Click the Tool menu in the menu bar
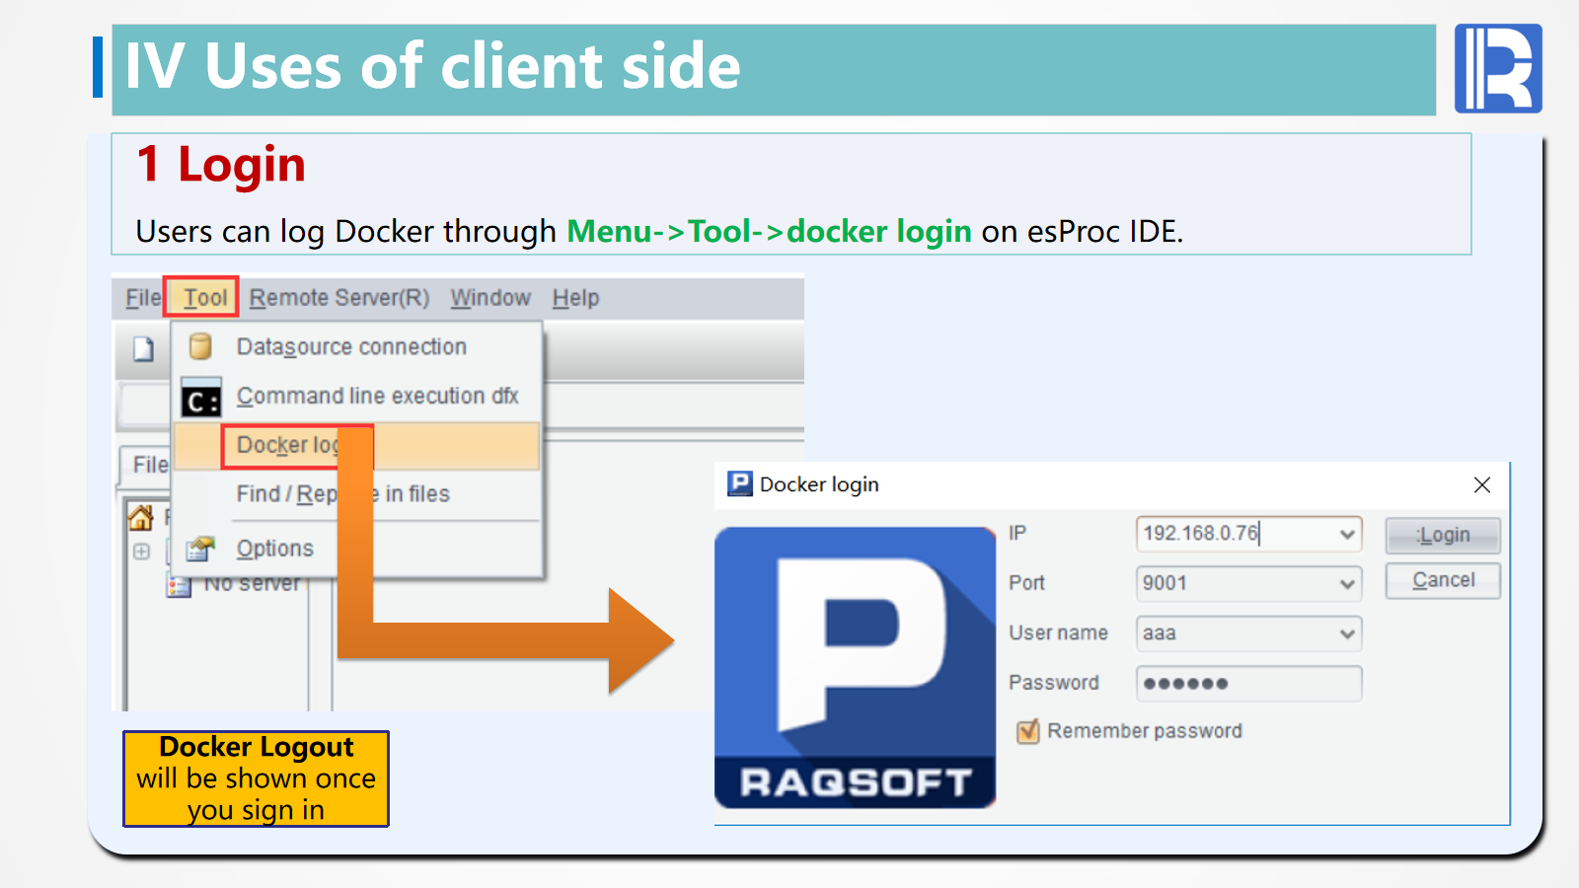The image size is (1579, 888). [x=204, y=297]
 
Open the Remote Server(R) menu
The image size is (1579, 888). [x=338, y=297]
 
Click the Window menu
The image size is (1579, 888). [x=490, y=297]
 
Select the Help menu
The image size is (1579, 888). [x=575, y=297]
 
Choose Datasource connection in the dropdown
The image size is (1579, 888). [x=351, y=346]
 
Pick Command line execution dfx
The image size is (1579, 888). [x=377, y=396]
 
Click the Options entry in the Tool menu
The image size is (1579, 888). [x=274, y=548]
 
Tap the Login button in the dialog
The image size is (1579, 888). [x=1443, y=535]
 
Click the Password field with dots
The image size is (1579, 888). [x=1248, y=683]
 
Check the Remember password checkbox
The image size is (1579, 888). [x=1028, y=731]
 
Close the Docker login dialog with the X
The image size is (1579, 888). [x=1481, y=484]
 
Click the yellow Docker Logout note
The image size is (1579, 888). [x=256, y=778]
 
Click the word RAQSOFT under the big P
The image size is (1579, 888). [x=856, y=782]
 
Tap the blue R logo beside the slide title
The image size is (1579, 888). [x=1498, y=68]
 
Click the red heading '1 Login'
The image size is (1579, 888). [x=221, y=164]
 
